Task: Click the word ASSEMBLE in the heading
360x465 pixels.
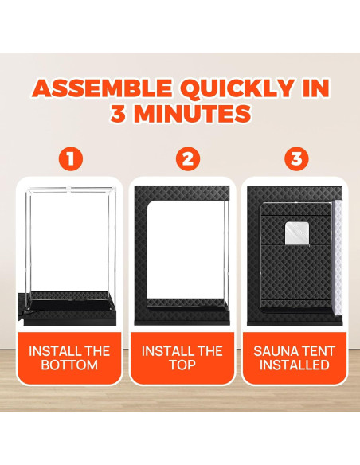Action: point(101,88)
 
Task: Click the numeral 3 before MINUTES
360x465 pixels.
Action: point(119,113)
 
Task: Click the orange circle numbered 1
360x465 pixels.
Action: point(71,158)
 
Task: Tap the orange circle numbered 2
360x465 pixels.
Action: point(188,158)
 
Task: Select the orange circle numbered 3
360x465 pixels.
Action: point(296,158)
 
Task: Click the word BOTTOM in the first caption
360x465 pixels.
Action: point(69,365)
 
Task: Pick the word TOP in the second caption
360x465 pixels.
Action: point(182,365)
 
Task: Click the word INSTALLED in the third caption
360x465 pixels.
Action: point(295,365)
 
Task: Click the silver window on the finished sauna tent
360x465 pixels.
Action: point(297,234)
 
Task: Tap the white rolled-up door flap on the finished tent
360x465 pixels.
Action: point(338,259)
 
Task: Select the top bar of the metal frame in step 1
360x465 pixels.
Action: point(69,188)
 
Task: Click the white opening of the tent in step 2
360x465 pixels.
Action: point(186,250)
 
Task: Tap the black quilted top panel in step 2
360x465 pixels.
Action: point(182,193)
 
